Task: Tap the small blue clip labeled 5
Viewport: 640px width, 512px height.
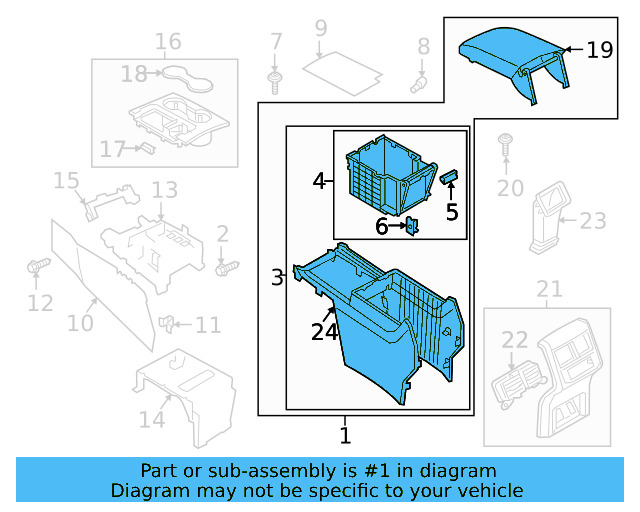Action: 449,177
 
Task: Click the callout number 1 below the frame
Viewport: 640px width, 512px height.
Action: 345,436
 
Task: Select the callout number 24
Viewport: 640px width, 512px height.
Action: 324,331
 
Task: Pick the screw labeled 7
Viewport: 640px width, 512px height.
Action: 274,77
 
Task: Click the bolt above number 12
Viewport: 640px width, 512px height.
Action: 39,267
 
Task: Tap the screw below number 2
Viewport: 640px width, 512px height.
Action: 227,267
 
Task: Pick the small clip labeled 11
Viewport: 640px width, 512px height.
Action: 169,323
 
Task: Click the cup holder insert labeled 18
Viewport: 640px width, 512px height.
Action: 182,75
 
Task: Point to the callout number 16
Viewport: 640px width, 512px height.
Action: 168,41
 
